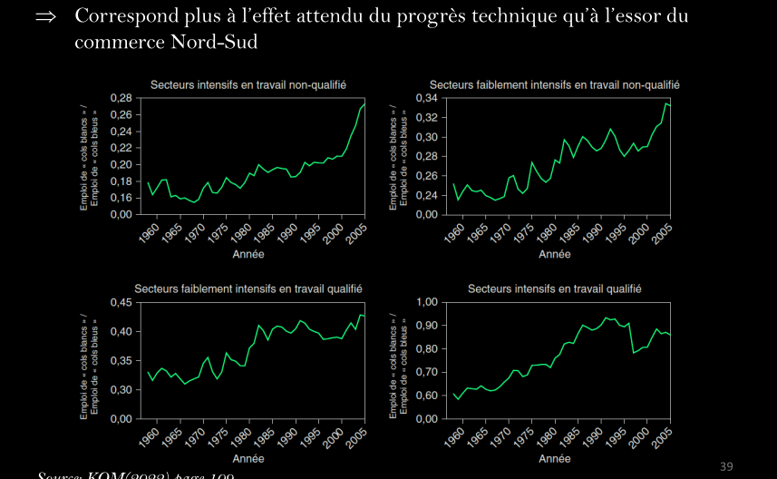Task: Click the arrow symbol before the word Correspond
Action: coord(46,17)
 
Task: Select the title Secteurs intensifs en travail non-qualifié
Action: coord(248,84)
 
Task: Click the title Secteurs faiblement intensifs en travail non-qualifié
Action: coord(554,84)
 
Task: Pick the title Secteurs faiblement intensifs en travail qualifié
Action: coord(248,288)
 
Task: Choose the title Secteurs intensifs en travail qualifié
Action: coord(554,288)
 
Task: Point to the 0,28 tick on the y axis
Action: coord(121,97)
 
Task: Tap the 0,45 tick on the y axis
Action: coord(121,302)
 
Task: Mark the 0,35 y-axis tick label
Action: coord(121,360)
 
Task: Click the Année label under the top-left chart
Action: coord(248,254)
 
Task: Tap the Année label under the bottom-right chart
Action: coord(554,459)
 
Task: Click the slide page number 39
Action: coord(726,466)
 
